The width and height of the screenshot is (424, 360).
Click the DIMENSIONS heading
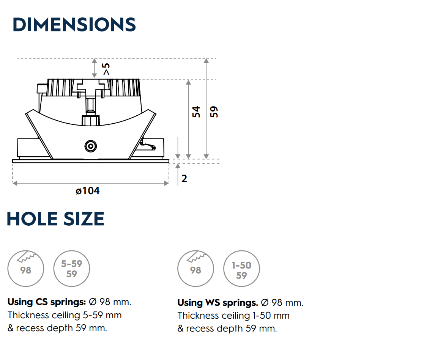74,25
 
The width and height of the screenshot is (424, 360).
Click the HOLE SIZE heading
55,219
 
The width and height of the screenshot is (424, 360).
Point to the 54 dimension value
196,112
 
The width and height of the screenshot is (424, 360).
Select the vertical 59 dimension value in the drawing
214,112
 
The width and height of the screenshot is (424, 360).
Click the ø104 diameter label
88,191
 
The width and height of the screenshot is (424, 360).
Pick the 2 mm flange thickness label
184,178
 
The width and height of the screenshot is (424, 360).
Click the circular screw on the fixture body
90,146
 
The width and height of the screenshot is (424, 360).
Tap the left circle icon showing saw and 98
26,268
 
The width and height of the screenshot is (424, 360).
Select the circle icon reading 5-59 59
72,269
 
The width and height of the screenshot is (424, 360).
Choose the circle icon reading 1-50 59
242,269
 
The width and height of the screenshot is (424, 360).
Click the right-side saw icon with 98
196,268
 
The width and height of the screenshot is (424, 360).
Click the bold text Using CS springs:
47,302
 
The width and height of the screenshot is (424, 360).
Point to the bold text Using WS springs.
218,303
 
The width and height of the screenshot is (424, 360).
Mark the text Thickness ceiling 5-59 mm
65,315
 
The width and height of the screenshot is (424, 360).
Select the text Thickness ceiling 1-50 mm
233,316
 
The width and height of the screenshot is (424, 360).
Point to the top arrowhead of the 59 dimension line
206,60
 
